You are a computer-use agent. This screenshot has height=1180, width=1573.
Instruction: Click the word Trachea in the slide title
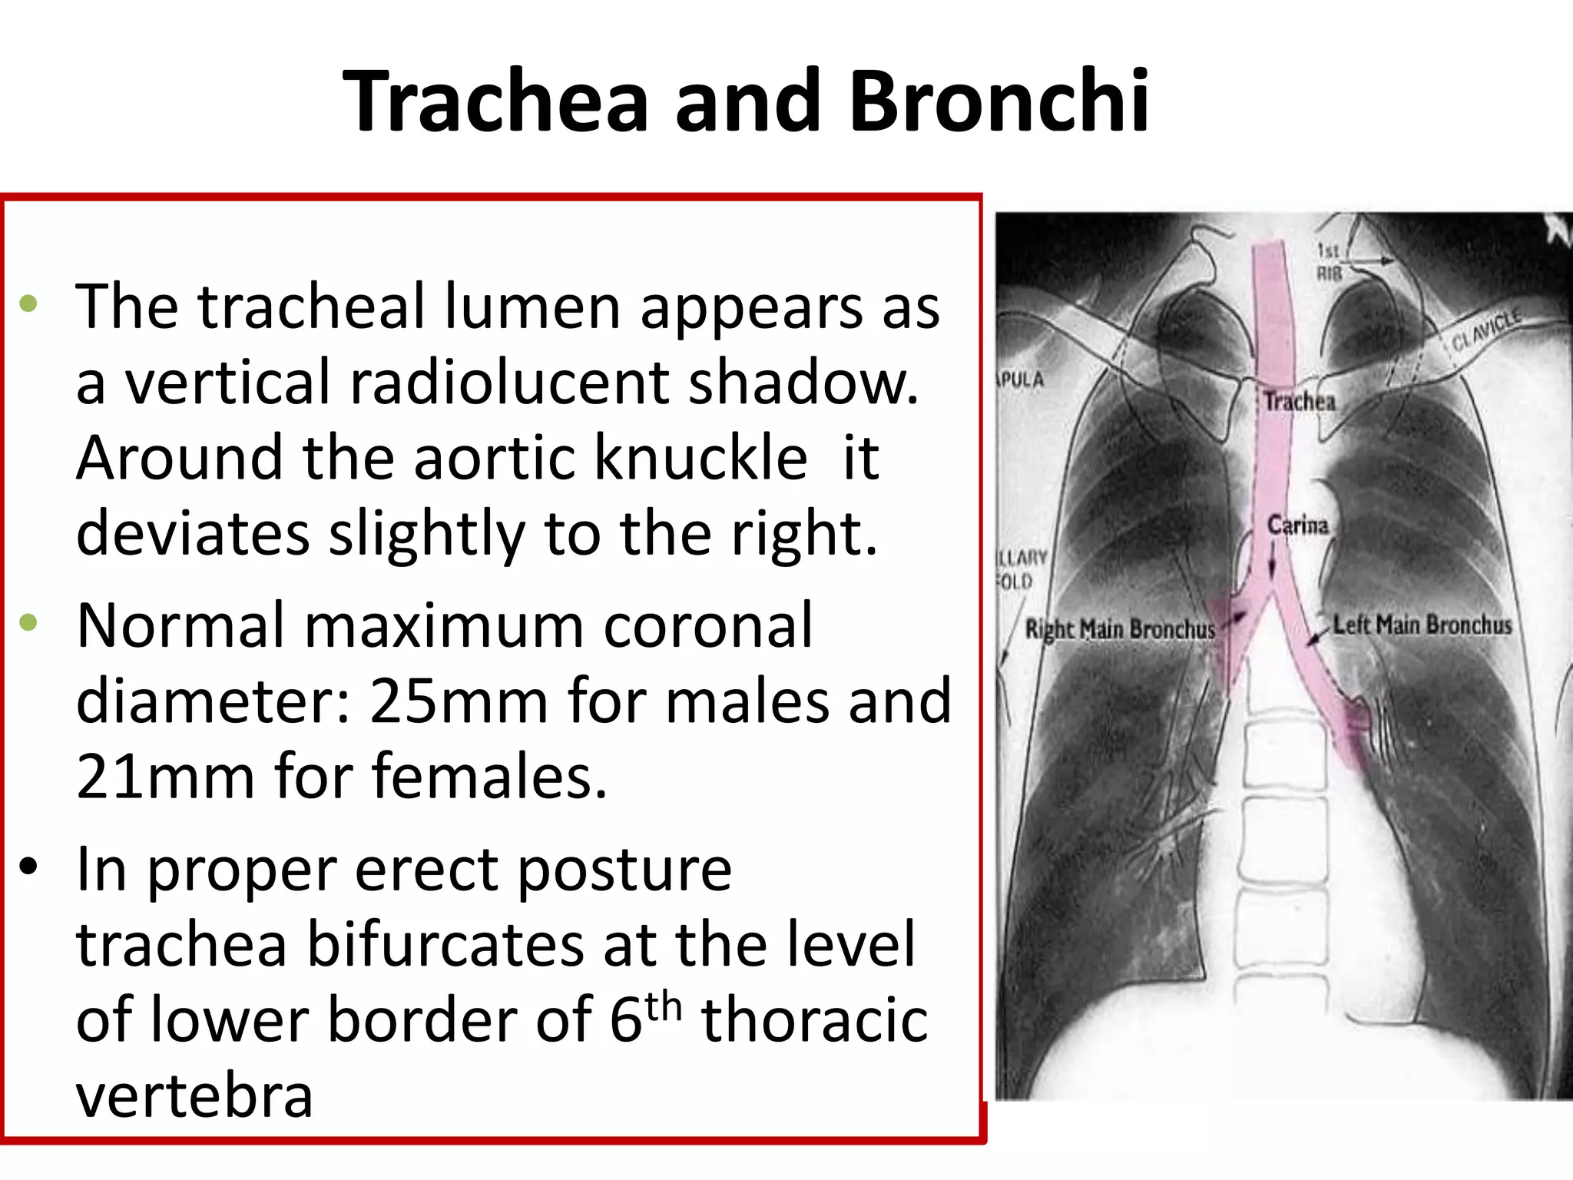tap(496, 101)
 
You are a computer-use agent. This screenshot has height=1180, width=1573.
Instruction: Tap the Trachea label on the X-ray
tap(1300, 401)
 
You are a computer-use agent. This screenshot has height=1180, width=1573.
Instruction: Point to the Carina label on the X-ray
tap(1297, 525)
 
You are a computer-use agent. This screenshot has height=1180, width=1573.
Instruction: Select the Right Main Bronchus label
tap(1121, 630)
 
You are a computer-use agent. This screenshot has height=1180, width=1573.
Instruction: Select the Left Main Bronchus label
tap(1422, 625)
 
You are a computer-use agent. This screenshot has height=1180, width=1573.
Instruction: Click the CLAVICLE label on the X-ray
tap(1486, 330)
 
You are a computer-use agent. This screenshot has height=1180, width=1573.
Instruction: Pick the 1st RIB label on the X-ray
tap(1329, 261)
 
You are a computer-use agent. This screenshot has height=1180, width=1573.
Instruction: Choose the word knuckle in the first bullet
tap(701, 457)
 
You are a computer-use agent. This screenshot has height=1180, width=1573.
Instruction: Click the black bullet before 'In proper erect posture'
tap(29, 867)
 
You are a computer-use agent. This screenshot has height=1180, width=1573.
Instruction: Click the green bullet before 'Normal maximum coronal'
tap(29, 623)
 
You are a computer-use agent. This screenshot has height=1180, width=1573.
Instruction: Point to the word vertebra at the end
tap(194, 1096)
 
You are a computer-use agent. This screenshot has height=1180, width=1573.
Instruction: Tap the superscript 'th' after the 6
tap(663, 1006)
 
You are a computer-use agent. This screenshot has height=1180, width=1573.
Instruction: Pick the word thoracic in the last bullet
tap(814, 1021)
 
